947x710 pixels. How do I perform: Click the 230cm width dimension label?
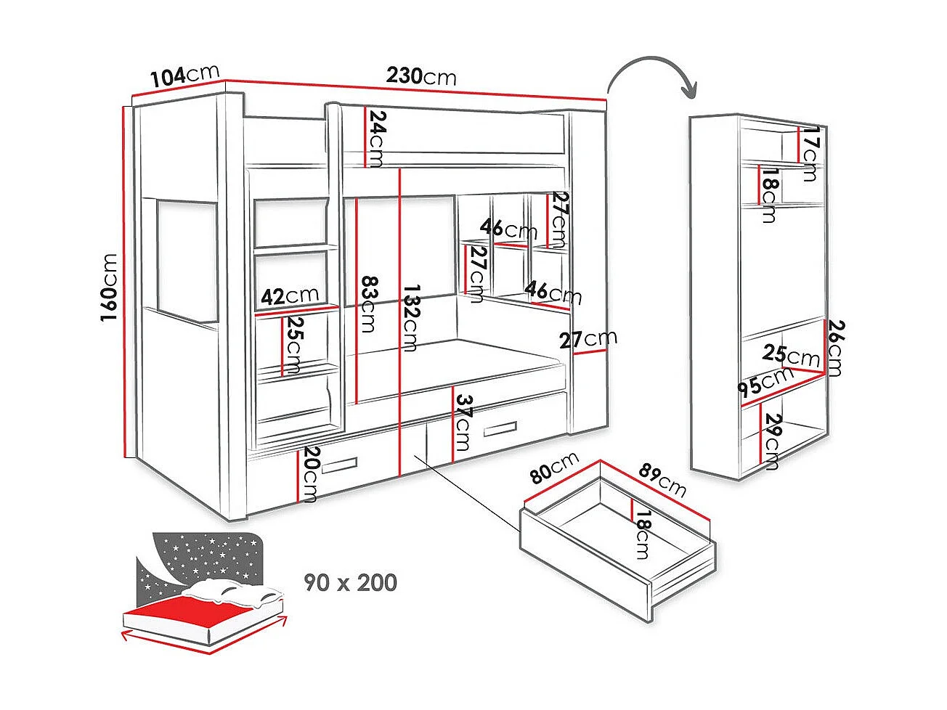click(421, 76)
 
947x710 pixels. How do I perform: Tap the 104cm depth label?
click(185, 76)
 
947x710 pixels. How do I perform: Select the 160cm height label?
click(110, 288)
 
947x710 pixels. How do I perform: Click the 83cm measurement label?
click(367, 303)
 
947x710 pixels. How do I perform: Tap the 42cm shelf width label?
click(290, 295)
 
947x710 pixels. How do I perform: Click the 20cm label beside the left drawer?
click(310, 474)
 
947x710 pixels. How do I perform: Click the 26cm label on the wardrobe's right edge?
click(834, 348)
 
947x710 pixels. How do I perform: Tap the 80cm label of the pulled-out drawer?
click(554, 468)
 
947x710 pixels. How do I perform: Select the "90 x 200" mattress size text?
click(351, 582)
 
